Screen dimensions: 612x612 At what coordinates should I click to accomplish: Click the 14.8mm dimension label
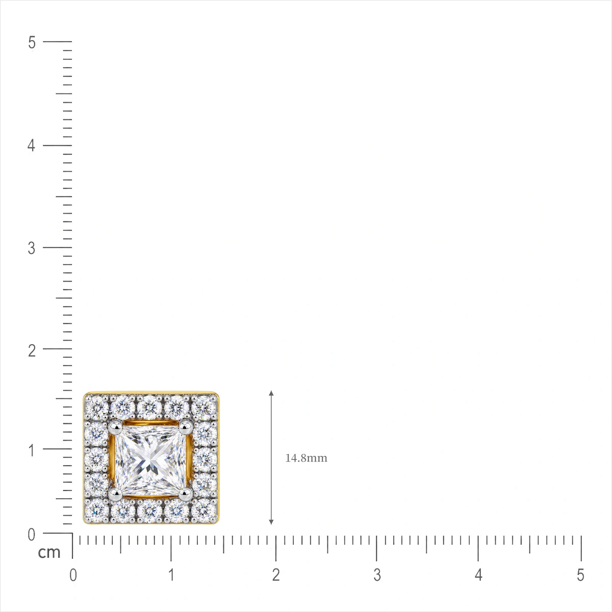306,458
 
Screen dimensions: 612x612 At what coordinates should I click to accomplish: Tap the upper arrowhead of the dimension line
271,393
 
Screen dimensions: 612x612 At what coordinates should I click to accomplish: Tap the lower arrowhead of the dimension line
271,522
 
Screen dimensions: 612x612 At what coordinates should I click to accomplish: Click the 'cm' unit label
49,552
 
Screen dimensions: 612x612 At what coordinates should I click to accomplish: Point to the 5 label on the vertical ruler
32,42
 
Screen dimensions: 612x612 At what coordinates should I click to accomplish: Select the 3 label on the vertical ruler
32,248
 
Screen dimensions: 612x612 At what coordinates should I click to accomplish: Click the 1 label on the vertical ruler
32,450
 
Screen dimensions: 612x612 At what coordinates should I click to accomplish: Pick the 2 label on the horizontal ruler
276,575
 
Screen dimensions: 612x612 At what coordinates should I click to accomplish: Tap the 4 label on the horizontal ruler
478,575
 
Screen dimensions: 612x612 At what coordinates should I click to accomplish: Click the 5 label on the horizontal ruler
580,575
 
